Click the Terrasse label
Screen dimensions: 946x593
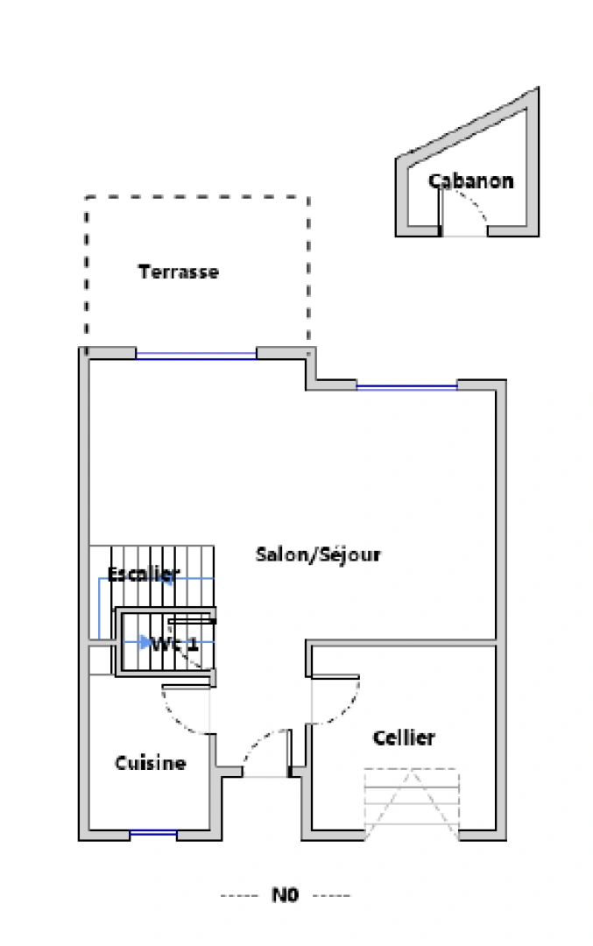(179, 272)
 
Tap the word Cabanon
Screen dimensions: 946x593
(470, 181)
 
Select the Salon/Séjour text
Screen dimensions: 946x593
(318, 554)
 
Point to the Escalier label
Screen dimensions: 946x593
(144, 575)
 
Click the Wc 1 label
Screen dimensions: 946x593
(174, 644)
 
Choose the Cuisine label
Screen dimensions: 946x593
(151, 763)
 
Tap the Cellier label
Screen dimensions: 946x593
(404, 738)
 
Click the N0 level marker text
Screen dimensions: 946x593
(286, 895)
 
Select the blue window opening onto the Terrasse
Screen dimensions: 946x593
(195, 355)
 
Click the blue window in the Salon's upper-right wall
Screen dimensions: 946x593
(406, 385)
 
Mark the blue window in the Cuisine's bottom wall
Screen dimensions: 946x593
(153, 833)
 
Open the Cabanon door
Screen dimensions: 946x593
(464, 215)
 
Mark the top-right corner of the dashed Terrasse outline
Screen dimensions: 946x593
(308, 197)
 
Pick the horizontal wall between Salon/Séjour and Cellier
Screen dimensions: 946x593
(403, 643)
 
